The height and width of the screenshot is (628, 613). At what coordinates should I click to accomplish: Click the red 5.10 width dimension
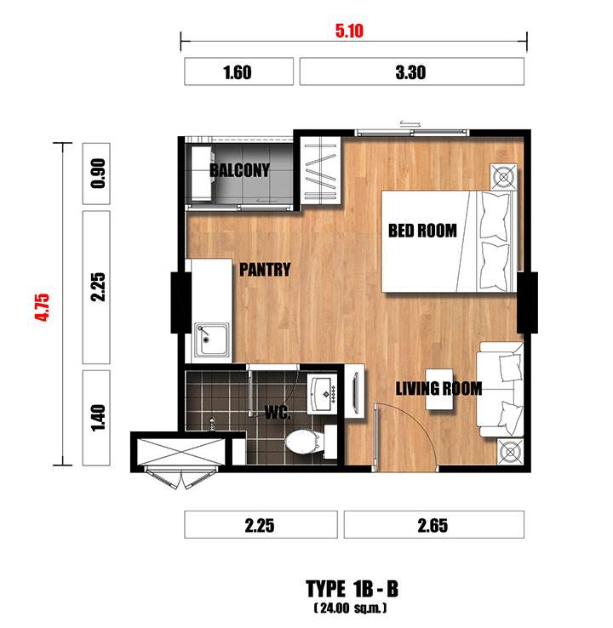click(349, 31)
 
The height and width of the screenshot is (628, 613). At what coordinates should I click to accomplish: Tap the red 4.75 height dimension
click(42, 307)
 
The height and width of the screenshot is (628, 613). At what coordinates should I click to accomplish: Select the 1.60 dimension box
click(238, 71)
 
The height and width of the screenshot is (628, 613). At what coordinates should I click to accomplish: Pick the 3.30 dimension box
click(412, 71)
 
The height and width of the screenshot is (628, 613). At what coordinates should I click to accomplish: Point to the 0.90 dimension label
click(98, 174)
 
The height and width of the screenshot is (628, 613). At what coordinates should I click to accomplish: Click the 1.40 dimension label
click(98, 418)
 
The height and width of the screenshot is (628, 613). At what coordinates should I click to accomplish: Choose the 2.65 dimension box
click(434, 525)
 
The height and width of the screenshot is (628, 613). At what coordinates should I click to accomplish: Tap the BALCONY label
click(239, 170)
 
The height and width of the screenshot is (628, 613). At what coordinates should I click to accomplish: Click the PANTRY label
click(265, 270)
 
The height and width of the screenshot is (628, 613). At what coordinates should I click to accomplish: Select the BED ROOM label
click(422, 231)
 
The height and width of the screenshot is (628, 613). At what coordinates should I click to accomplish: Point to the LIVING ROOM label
click(438, 389)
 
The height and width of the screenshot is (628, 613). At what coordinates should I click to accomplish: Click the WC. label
click(278, 412)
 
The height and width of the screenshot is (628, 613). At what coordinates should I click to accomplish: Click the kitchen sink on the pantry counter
click(212, 340)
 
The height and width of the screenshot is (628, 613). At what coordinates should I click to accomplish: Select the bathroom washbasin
click(323, 395)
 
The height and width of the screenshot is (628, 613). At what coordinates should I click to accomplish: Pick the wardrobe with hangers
click(320, 171)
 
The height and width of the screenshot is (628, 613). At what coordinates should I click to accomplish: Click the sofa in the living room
click(500, 389)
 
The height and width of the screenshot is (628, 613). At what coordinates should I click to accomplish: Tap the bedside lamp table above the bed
click(504, 177)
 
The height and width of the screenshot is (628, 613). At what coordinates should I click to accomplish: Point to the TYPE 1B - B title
click(352, 589)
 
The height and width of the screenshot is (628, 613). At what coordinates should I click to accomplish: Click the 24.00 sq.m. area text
click(351, 608)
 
